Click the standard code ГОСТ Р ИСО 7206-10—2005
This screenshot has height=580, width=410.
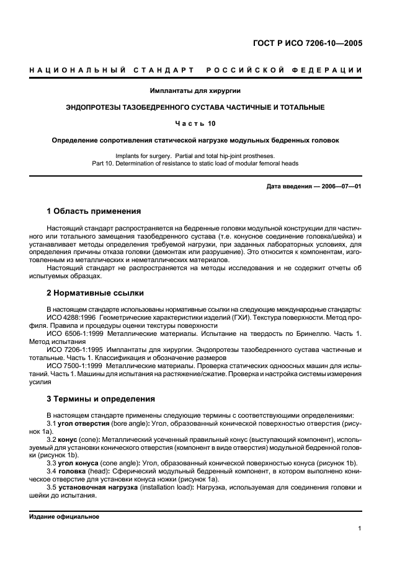[308, 43]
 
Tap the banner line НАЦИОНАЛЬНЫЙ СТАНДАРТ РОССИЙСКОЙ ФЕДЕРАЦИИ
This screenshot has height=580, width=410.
[196, 70]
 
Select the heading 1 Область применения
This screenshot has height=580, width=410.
[94, 211]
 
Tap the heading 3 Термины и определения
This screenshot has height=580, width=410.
[100, 398]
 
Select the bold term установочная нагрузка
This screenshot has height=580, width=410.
[94, 486]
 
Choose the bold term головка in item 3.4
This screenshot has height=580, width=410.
[73, 470]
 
